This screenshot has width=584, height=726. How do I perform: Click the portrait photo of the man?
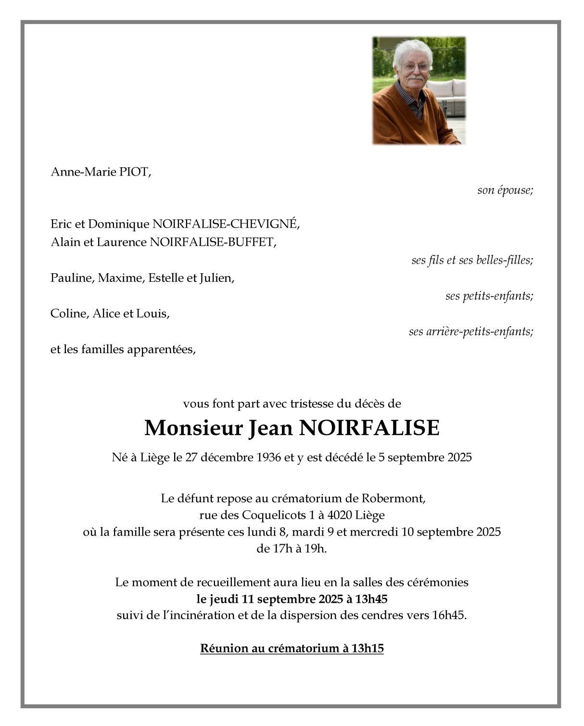coord(419,91)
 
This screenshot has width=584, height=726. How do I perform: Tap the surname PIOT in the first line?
coord(134,172)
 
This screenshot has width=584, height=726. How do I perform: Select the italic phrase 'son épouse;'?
coord(505,190)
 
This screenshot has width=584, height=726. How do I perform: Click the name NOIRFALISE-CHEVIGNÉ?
coord(225,224)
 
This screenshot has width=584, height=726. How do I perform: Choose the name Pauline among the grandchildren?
coord(72,278)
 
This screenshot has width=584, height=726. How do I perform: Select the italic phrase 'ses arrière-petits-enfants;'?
coord(471,331)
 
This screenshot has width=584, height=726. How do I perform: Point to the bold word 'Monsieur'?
coord(193,428)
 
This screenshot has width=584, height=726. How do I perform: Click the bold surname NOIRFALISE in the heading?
coord(369,428)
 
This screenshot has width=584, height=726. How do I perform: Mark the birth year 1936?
coord(268,457)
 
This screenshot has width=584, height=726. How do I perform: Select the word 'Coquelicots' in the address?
coord(273,515)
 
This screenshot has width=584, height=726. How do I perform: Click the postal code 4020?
coord(339,515)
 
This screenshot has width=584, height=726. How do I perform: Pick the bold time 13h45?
coord(371,599)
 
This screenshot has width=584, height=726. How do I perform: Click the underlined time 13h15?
coord(367,648)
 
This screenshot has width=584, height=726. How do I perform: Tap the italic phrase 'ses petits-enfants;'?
coord(489,296)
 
